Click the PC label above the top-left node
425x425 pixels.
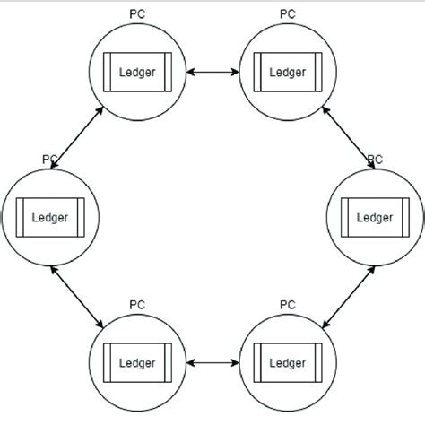136,14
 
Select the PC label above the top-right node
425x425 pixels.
287,14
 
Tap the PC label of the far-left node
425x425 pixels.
50,159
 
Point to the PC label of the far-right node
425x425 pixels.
375,159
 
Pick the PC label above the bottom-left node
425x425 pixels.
136,305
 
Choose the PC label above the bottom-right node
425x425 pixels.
287,305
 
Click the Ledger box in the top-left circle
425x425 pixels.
137,72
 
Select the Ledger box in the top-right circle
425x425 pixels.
287,72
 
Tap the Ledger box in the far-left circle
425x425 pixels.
50,217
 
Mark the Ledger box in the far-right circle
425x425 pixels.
375,217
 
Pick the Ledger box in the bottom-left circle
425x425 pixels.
137,362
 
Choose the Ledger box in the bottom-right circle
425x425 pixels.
287,362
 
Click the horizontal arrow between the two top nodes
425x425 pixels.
212,72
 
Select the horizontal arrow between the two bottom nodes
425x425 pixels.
212,362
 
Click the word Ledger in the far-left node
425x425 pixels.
50,217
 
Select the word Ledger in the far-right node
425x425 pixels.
375,217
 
